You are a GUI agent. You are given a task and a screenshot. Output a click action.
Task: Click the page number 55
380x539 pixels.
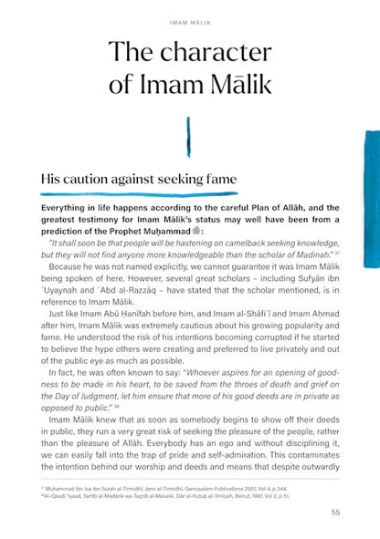pyautogui.click(x=336, y=512)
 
